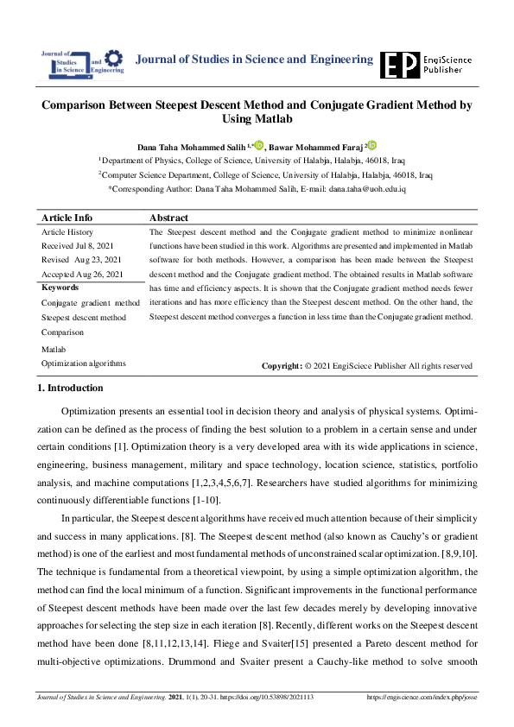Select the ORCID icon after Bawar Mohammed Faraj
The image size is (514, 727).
372,145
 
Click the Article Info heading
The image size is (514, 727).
67,218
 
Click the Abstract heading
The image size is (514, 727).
168,218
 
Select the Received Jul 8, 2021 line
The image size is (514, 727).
76,246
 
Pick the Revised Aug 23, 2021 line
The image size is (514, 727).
81,260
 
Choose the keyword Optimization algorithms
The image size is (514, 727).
83,363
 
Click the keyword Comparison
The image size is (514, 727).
63,332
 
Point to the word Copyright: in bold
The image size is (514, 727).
282,366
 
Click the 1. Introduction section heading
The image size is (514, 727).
71,389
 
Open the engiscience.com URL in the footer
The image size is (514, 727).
422,697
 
